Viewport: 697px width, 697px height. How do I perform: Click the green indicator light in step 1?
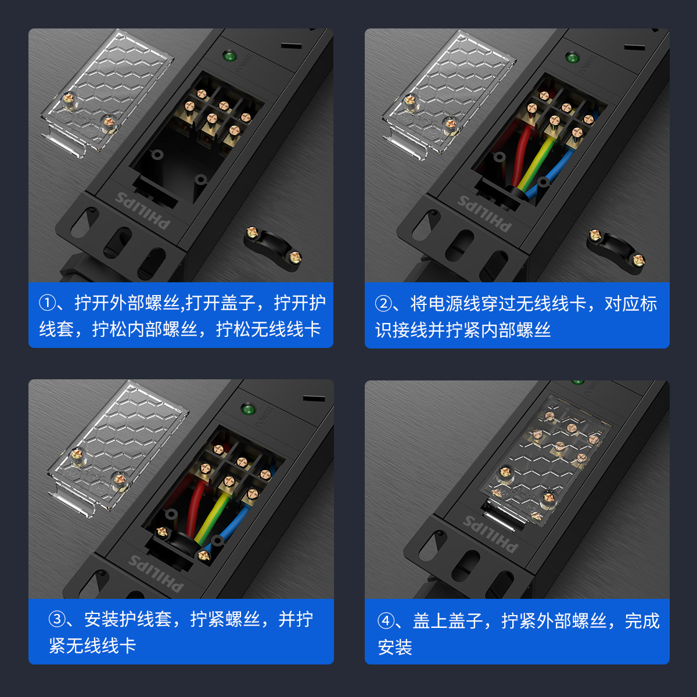tap(229, 56)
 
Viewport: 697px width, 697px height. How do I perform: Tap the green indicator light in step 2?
tap(572, 58)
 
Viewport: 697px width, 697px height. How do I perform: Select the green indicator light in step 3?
tap(248, 409)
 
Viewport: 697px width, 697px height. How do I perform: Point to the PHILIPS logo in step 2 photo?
tap(485, 213)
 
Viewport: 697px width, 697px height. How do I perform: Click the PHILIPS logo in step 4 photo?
tap(490, 534)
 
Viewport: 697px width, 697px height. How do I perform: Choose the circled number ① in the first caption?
tap(47, 303)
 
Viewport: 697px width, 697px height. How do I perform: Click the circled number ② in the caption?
tap(383, 304)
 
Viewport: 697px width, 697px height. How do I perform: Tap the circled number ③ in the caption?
tap(57, 619)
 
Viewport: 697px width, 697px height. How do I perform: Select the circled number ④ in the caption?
tap(386, 621)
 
